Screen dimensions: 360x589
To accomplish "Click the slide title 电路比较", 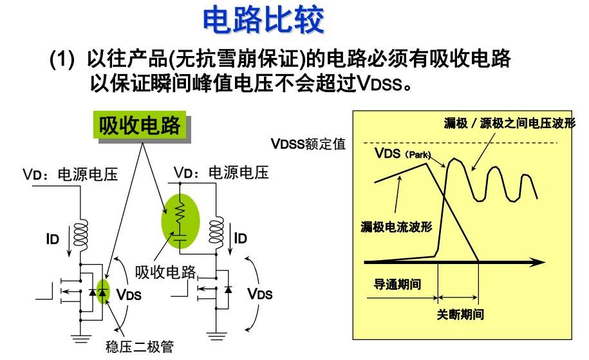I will point(263,21).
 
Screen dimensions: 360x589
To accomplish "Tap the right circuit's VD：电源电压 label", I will point(221,173).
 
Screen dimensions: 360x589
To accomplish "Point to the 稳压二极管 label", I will point(140,348).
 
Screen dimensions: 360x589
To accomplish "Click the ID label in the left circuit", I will point(52,240).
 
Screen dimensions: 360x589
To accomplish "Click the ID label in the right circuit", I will point(240,238).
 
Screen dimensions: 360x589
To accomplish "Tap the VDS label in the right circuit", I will point(260,294).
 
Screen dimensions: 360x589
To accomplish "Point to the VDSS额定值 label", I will point(308,144).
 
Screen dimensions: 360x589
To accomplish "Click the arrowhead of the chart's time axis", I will point(538,262).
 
